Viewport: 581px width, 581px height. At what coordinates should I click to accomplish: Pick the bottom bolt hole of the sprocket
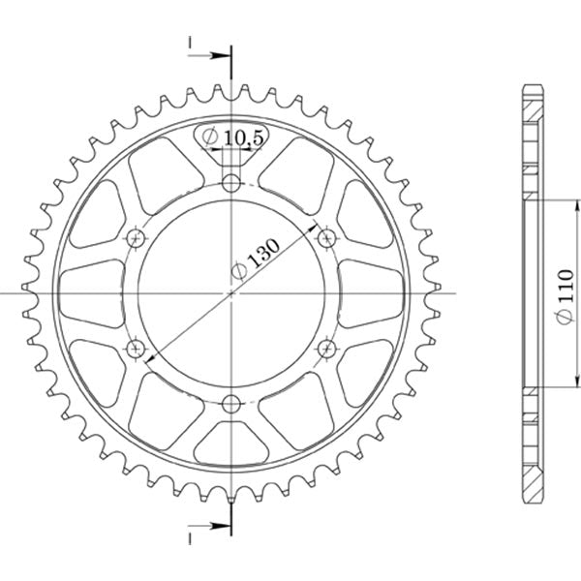(230, 403)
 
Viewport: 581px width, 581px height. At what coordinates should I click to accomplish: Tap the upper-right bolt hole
(326, 236)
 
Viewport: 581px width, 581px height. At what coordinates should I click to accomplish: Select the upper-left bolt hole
(136, 236)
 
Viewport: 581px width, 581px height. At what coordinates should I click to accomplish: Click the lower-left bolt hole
(136, 348)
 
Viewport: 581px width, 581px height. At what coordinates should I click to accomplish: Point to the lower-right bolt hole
(326, 348)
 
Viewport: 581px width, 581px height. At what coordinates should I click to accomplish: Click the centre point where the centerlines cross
(230, 292)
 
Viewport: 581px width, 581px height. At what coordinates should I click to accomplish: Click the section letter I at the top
(191, 43)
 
